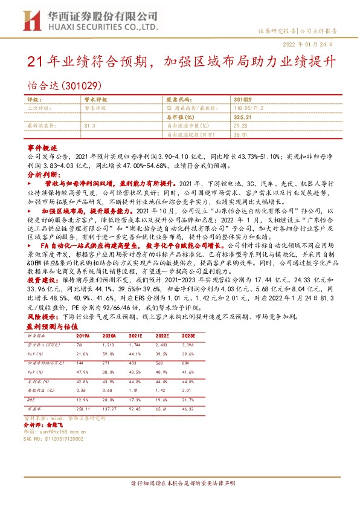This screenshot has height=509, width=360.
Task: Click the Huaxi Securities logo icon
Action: tap(30, 21)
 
